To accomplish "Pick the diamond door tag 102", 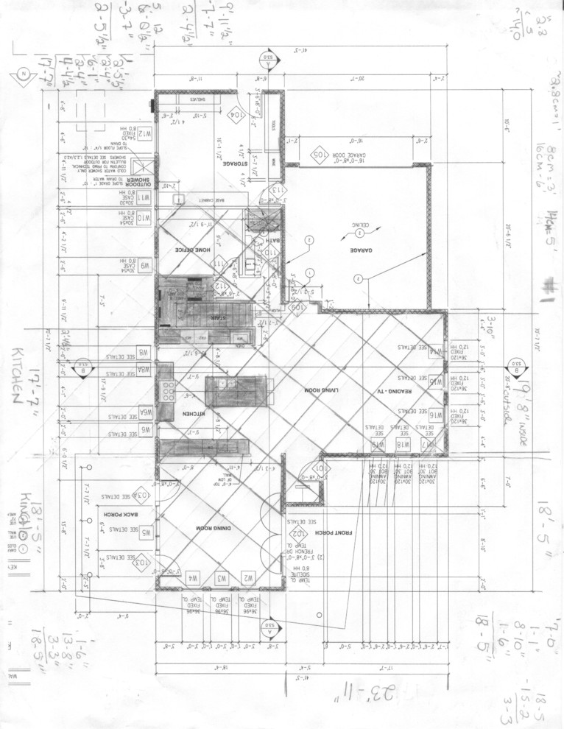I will tap(297, 533).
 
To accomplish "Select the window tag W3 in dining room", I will tap(221, 579).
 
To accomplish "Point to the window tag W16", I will tap(435, 415).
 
